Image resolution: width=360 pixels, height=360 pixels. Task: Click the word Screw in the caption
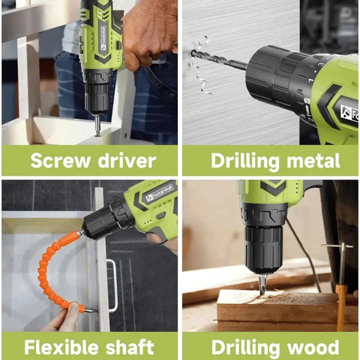[60, 160]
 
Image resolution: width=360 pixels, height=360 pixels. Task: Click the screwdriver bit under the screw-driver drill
[98, 125]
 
